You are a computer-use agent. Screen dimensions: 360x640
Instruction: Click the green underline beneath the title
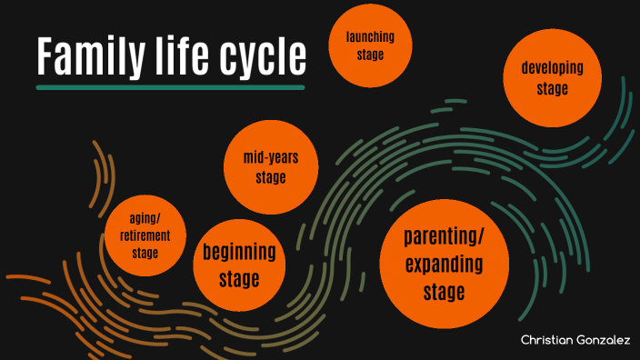(169, 87)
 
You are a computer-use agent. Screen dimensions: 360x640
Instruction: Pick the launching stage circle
(370, 45)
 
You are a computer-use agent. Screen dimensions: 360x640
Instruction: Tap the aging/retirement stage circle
(145, 235)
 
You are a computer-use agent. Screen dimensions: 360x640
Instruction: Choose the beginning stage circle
(239, 264)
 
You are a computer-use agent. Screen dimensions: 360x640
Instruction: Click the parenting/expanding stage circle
(444, 264)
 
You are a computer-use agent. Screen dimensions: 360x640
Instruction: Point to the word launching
(370, 37)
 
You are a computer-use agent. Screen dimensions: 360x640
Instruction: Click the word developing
(552, 68)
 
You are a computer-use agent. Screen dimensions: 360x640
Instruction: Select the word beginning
(239, 251)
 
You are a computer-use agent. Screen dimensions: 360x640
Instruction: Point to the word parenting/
(444, 237)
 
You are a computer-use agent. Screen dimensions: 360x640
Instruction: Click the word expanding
(444, 265)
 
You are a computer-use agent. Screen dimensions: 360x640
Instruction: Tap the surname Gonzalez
(604, 339)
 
